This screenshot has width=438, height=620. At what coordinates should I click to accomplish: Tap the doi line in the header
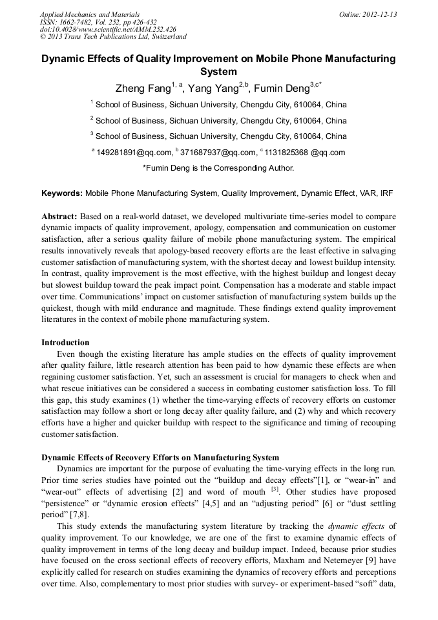tap(108, 30)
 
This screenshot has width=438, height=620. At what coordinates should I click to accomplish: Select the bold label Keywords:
tap(62, 193)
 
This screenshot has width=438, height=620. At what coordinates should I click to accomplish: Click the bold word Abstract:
tap(59, 216)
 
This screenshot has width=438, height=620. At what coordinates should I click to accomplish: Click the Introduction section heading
tap(65, 342)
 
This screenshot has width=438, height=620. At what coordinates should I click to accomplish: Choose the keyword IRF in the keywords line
tap(386, 193)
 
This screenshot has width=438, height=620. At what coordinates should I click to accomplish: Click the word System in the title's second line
tap(218, 71)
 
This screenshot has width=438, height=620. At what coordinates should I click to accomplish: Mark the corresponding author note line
tap(218, 168)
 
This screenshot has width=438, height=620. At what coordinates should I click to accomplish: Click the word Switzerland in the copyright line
tap(169, 37)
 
